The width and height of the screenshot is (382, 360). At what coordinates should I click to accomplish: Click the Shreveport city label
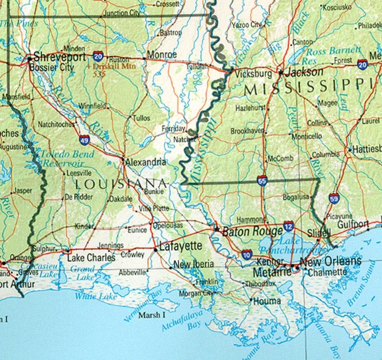tap(59, 57)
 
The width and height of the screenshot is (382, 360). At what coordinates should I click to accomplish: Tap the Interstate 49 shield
tap(85, 139)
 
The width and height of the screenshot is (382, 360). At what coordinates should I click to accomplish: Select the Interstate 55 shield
tap(262, 181)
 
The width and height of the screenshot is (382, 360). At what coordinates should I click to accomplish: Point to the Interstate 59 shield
tap(334, 198)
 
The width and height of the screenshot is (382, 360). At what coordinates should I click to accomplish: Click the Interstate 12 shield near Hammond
tap(289, 226)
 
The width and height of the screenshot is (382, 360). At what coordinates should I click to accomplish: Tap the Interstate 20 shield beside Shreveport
tap(98, 56)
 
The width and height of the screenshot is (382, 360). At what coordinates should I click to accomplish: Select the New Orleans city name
tap(330, 262)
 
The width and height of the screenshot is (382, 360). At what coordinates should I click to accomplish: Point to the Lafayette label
tap(181, 246)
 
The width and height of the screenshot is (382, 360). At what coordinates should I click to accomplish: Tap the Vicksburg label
tap(253, 73)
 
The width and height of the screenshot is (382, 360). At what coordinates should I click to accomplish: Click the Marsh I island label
tap(152, 315)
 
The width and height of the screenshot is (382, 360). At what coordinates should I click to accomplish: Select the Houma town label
tap(267, 301)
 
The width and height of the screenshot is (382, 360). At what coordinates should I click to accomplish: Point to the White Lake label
tap(91, 296)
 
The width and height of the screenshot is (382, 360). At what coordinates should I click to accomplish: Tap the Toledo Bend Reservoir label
tap(67, 159)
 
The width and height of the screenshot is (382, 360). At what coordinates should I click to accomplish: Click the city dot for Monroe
tap(144, 58)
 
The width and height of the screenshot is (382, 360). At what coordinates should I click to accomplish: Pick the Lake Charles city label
tap(91, 258)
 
